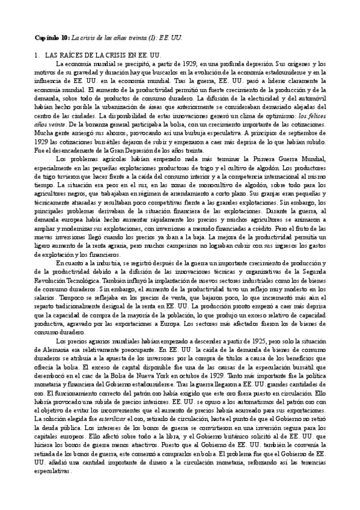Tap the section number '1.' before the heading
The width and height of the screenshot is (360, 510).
tap(37, 55)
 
